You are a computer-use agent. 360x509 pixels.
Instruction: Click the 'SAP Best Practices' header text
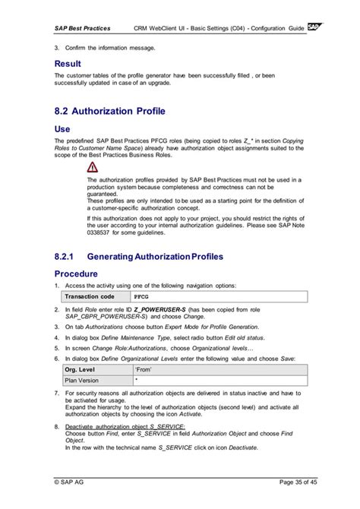(82, 29)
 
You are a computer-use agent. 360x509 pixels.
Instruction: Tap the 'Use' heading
(62, 129)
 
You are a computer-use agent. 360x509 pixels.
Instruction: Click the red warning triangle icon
(92, 166)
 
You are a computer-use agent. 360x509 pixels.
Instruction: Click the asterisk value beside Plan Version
(136, 380)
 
